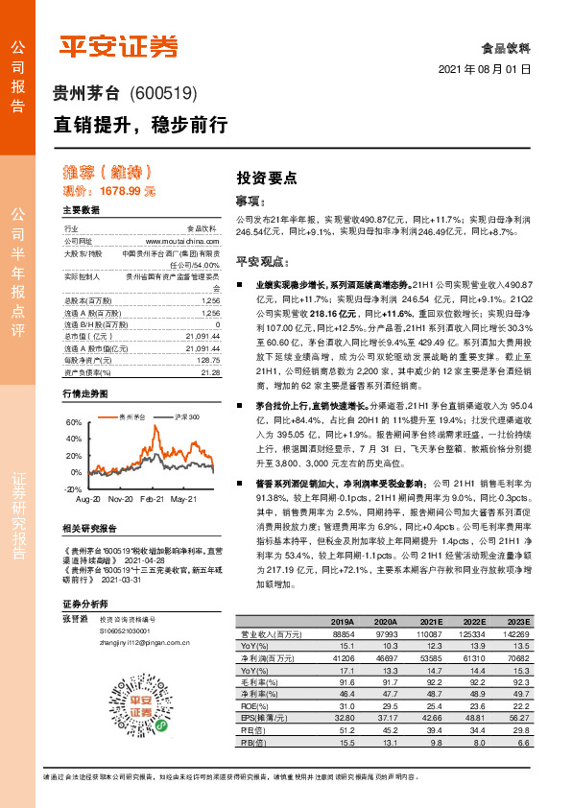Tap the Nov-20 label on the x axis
pos(120,500)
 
